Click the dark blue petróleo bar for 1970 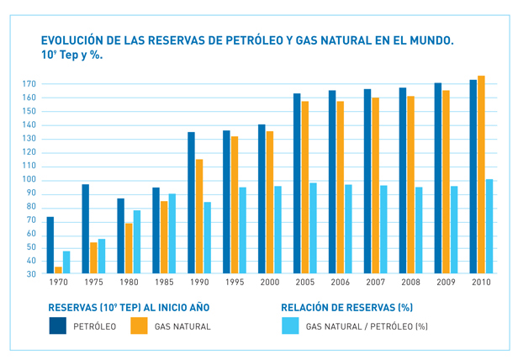[x=50, y=246]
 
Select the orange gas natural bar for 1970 [x=58, y=270]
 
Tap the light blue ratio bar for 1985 [x=172, y=234]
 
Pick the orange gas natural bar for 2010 [x=481, y=175]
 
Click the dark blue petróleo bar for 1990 [x=191, y=203]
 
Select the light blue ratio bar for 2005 [x=314, y=228]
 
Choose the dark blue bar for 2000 [x=262, y=199]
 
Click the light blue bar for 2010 [x=489, y=226]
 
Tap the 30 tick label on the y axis [x=30, y=274]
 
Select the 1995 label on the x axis [x=234, y=283]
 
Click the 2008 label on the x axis [x=410, y=283]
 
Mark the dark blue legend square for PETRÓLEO [x=57, y=326]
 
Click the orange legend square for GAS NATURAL [x=139, y=326]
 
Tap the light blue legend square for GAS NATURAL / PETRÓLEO [x=290, y=326]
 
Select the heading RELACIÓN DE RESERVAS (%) [x=346, y=308]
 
